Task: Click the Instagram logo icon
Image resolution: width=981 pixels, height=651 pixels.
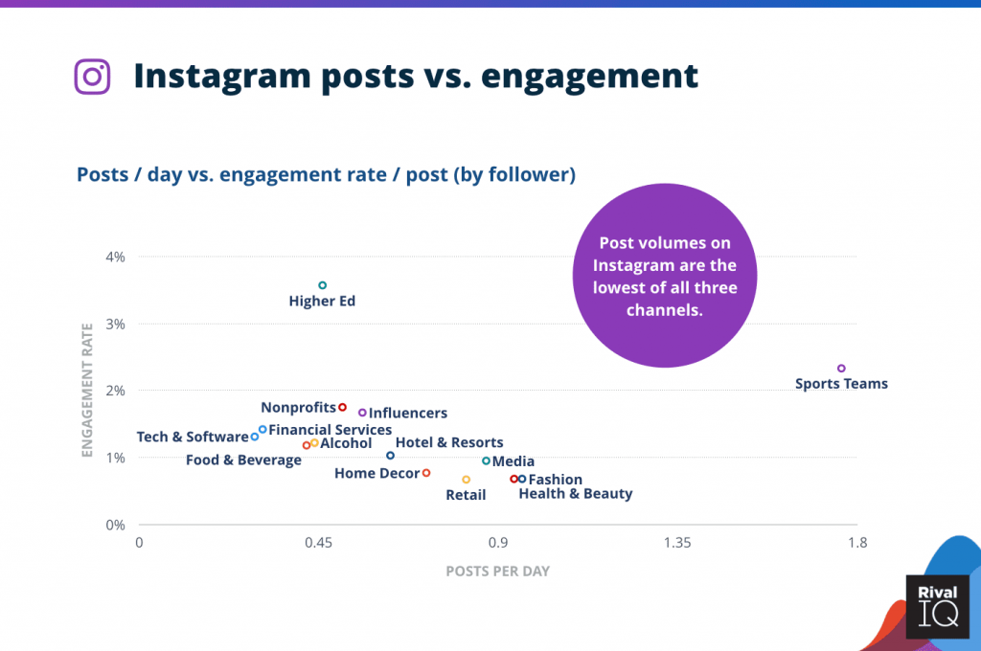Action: (92, 77)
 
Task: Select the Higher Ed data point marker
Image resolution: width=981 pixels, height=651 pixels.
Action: (322, 285)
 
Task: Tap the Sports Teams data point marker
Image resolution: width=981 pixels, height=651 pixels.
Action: (841, 369)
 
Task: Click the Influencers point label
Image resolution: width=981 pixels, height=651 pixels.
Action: (407, 414)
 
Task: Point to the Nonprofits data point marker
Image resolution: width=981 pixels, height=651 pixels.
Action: (342, 407)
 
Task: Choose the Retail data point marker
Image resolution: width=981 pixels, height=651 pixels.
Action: (466, 480)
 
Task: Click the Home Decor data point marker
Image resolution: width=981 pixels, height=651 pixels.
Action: (426, 473)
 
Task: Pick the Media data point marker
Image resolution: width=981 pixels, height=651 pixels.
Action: (486, 460)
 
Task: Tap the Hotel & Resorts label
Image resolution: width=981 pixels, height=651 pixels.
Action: (448, 442)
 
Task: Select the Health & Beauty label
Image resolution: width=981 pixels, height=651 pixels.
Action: (575, 494)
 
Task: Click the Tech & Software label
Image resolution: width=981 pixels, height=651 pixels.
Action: (193, 437)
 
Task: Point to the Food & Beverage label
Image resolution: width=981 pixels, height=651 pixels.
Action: (243, 460)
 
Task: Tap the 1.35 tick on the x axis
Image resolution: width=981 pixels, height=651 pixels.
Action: (677, 544)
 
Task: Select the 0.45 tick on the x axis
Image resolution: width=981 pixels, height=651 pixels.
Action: (318, 544)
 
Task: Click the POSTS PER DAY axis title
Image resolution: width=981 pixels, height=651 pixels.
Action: (497, 572)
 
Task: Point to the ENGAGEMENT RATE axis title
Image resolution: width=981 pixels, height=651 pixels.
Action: (86, 392)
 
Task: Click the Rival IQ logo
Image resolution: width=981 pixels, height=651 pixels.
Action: (937, 606)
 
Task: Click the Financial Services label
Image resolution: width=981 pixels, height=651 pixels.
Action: (330, 430)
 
